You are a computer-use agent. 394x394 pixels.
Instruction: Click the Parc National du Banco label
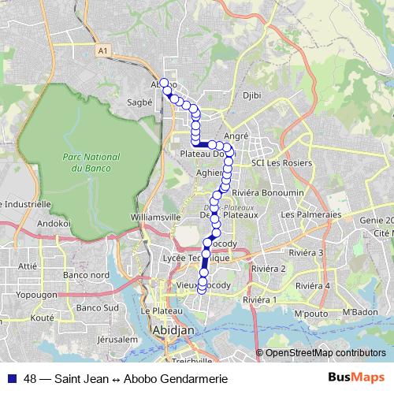87,163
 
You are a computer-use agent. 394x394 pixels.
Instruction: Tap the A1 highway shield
102,51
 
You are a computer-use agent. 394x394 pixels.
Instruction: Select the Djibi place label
251,95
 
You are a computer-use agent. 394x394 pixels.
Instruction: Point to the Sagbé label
139,102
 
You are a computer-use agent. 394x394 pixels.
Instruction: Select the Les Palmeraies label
310,214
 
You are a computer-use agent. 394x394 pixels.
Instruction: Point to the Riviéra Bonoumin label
267,193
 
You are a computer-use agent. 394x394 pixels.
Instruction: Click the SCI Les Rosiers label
281,163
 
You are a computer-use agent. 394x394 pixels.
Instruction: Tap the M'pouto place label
310,314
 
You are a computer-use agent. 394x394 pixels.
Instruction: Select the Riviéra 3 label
307,252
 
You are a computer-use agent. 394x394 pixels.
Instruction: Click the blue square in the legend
11,379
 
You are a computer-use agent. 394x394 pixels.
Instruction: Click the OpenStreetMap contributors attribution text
320,353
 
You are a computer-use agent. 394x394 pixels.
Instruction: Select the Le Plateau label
156,311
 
